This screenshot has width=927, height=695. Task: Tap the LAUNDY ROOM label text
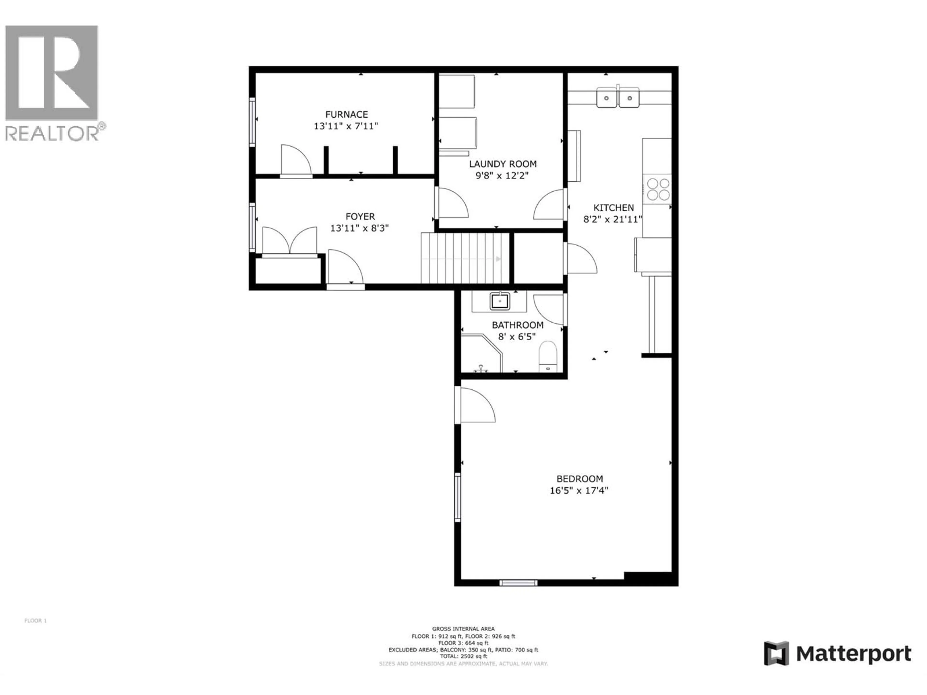pyautogui.click(x=502, y=164)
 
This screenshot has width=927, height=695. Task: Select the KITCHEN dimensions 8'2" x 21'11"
pyautogui.click(x=613, y=219)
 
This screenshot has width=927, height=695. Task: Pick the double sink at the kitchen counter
pyautogui.click(x=618, y=98)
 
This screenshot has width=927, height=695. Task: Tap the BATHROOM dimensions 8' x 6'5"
pyautogui.click(x=516, y=336)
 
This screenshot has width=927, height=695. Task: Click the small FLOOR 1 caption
pyautogui.click(x=36, y=620)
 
